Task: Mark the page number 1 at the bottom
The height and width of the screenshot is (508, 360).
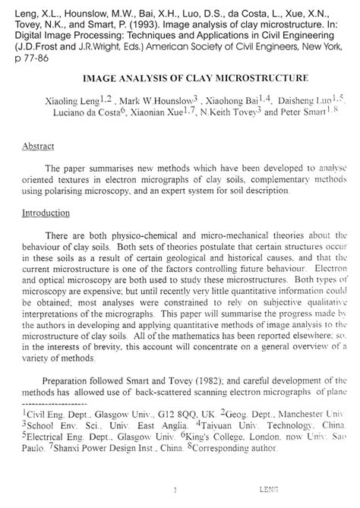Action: pyautogui.click(x=175, y=490)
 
